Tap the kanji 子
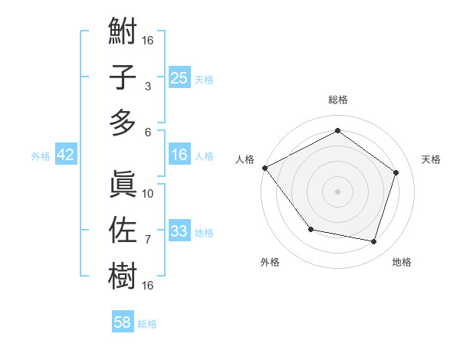pyautogui.click(x=123, y=77)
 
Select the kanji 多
pyautogui.click(x=123, y=122)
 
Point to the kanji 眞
pyautogui.click(x=123, y=184)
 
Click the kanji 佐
pyautogui.click(x=123, y=230)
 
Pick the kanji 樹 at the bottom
pyautogui.click(x=123, y=274)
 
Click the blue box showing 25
pyautogui.click(x=179, y=78)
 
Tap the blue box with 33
pyautogui.click(x=179, y=231)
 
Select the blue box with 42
pyautogui.click(x=66, y=155)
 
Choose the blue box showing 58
pyautogui.click(x=123, y=322)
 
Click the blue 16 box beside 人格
pyautogui.click(x=179, y=155)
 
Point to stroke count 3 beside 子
pyautogui.click(x=148, y=87)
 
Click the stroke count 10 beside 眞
pyautogui.click(x=148, y=193)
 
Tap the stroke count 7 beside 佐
pyautogui.click(x=148, y=240)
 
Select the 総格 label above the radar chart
pyautogui.click(x=337, y=100)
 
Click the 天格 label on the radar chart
pyautogui.click(x=431, y=159)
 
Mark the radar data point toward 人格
pyautogui.click(x=264, y=168)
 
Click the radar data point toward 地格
pyautogui.click(x=374, y=242)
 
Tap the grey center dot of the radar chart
pyautogui.click(x=337, y=191)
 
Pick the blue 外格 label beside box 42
pyautogui.click(x=41, y=155)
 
